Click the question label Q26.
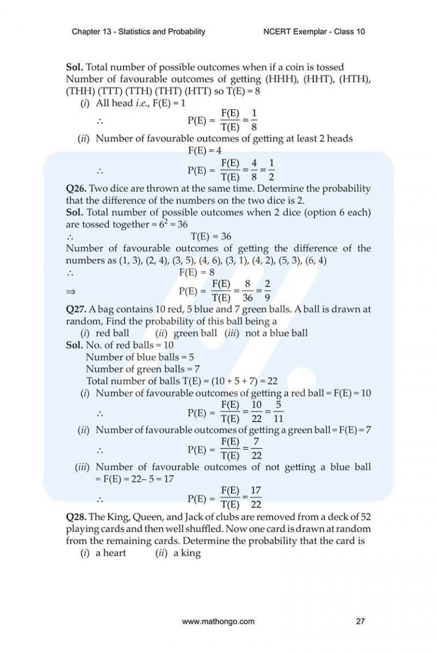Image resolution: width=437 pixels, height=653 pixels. point(77,189)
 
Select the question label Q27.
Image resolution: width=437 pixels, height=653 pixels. point(77,309)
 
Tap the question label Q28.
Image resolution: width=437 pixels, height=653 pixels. point(77,517)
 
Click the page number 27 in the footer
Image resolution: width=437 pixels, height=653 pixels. point(360,622)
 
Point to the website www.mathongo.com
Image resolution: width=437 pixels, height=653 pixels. point(218,622)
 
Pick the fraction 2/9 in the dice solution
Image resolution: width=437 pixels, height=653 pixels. point(267,291)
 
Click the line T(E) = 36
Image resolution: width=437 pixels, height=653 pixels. point(211,236)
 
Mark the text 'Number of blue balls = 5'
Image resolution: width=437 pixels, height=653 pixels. point(133,357)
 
